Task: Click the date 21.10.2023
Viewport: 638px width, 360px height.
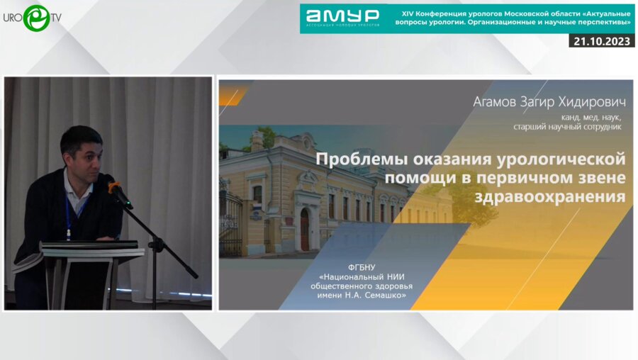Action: pyautogui.click(x=602, y=41)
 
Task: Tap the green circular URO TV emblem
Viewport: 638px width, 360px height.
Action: pyautogui.click(x=36, y=18)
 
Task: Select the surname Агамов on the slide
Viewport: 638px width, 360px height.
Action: pyautogui.click(x=498, y=103)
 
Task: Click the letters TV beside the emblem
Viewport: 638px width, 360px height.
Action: pyautogui.click(x=56, y=18)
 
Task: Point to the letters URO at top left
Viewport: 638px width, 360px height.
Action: pyautogui.click(x=13, y=18)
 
